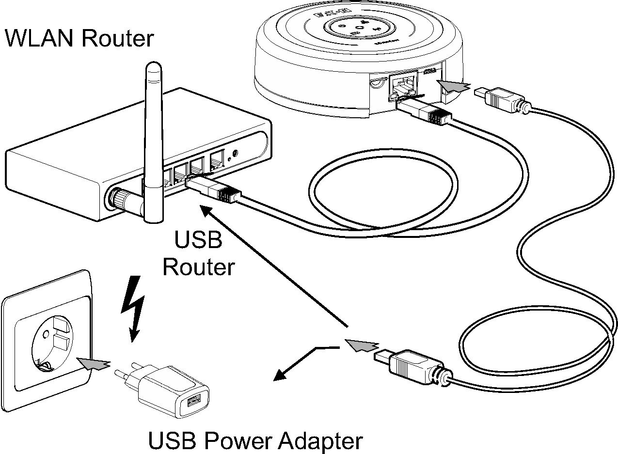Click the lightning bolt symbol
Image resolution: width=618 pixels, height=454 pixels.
pos(134,307)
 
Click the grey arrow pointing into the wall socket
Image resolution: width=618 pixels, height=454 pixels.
pos(94,362)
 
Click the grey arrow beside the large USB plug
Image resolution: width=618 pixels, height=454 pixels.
pos(361,345)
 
